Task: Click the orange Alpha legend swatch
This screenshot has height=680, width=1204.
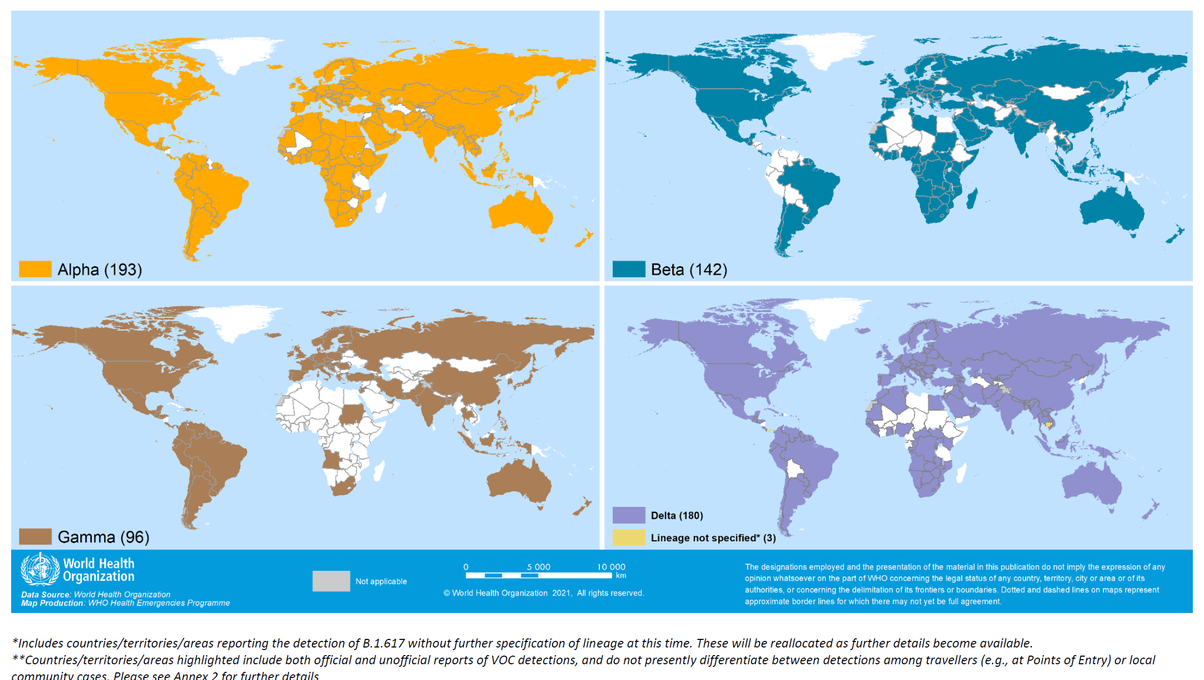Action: [35, 269]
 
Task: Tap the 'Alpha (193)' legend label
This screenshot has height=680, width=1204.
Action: [100, 270]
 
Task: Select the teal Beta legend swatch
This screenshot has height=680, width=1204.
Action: [628, 269]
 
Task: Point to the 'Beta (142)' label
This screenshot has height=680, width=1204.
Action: [689, 270]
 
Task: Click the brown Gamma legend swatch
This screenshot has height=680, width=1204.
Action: [35, 536]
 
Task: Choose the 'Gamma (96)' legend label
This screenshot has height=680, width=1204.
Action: [103, 537]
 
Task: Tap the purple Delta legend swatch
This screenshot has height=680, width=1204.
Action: [628, 515]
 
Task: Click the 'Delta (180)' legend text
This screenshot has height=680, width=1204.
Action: [677, 515]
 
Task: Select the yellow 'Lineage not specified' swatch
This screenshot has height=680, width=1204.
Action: [628, 537]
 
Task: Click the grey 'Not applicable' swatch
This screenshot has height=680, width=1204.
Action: [331, 581]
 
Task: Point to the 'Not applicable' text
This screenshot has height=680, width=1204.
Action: [381, 581]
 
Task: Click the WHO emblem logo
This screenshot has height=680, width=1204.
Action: [40, 569]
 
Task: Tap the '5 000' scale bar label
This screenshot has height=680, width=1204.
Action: [538, 567]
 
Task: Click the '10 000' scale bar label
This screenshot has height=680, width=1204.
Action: [611, 567]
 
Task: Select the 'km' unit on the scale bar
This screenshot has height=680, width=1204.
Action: [621, 575]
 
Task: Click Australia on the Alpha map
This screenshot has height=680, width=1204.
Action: [521, 213]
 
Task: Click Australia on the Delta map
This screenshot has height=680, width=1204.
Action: [1092, 482]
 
